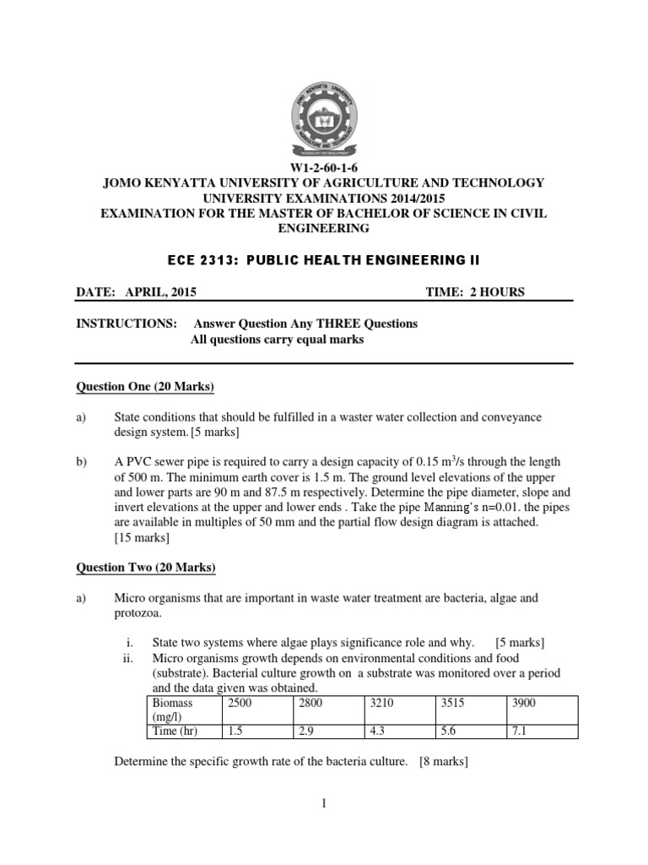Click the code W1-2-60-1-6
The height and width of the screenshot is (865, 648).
(324, 168)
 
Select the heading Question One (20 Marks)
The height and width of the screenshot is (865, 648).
(145, 387)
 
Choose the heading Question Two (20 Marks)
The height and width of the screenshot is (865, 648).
(146, 566)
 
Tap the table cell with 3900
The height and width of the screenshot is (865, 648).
(527, 703)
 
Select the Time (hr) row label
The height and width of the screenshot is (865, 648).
(172, 731)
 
